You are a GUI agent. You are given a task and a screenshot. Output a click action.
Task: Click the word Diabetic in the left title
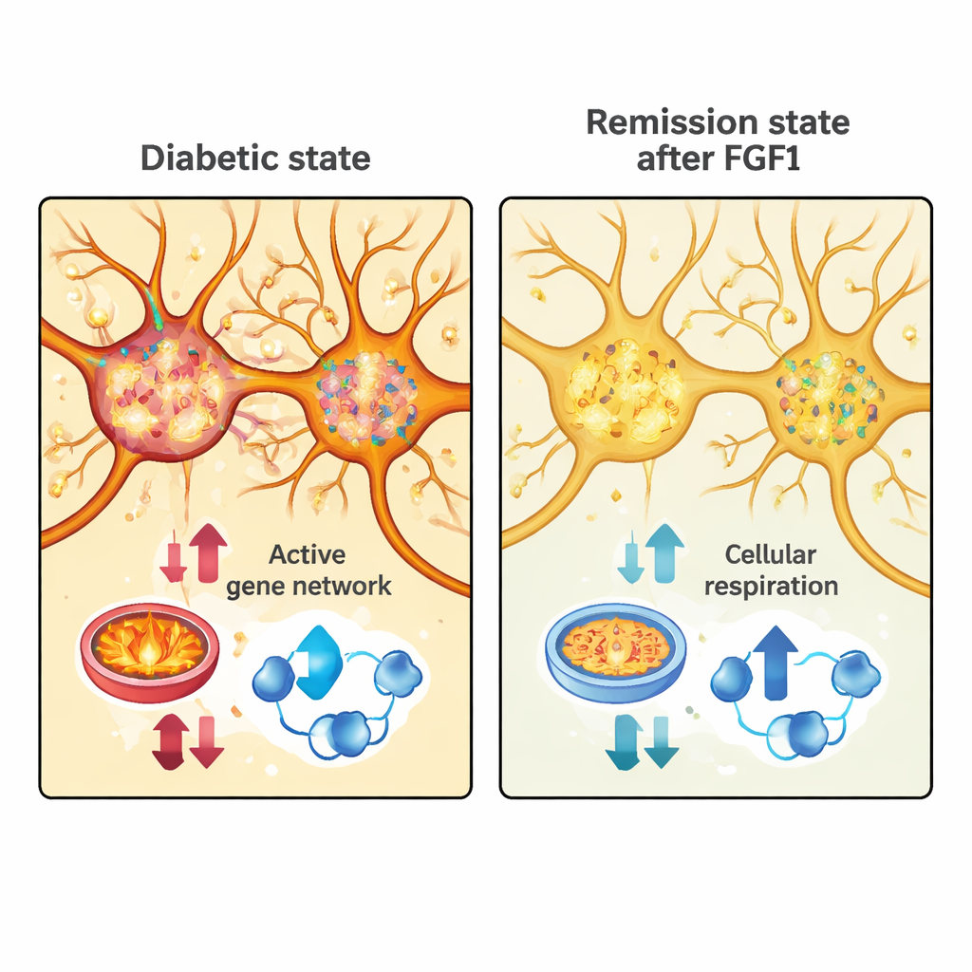point(195,157)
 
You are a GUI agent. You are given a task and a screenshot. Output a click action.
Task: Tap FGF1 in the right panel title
point(759,158)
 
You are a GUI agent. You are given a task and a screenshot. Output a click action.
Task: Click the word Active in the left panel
point(307,554)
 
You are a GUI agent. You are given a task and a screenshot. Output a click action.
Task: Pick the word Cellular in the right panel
point(770,554)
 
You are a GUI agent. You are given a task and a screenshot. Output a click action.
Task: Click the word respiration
point(771,586)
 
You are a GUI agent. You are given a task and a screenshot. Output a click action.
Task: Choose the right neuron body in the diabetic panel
point(364,395)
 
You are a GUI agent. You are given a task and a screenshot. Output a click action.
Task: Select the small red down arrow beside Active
point(174,563)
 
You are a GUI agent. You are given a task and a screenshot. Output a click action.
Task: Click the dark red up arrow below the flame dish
point(171,740)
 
